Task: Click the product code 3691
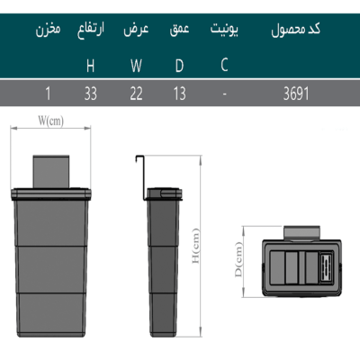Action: click(296, 94)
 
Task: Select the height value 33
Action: click(91, 94)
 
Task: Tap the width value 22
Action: click(136, 94)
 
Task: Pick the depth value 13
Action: click(179, 94)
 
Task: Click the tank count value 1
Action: click(48, 94)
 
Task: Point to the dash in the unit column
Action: click(224, 94)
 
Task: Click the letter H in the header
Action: click(90, 66)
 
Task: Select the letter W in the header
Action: click(136, 66)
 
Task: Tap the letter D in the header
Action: click(179, 66)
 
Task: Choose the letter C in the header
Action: click(224, 64)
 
